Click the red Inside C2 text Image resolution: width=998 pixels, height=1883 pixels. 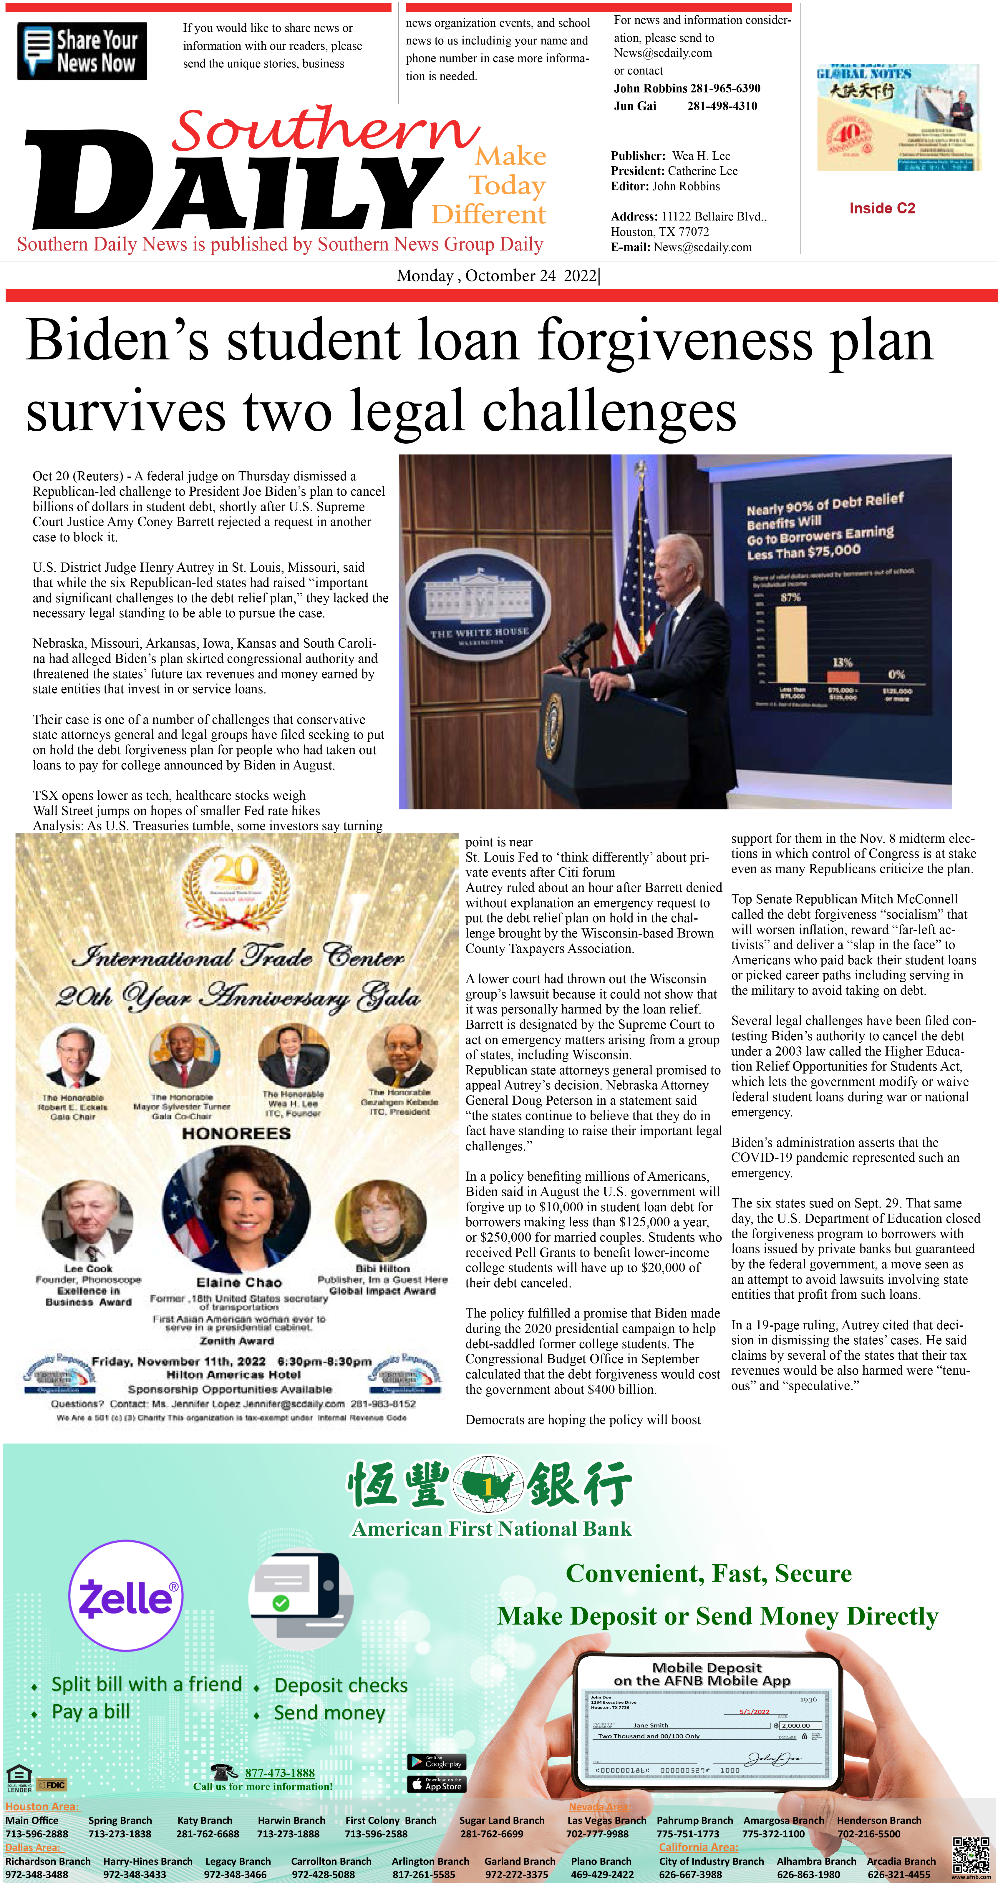point(882,208)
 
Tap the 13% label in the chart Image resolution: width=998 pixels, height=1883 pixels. point(842,662)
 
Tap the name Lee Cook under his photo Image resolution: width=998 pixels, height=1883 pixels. point(88,1268)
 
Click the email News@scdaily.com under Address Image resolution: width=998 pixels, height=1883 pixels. point(703,247)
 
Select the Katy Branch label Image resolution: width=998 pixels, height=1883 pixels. point(205,1820)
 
